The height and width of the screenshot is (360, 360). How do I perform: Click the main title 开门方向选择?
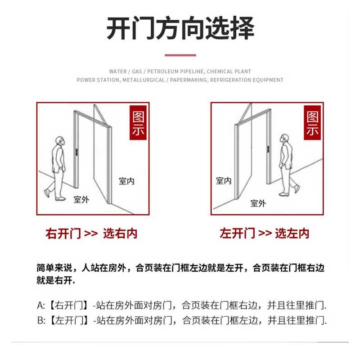tap(180, 28)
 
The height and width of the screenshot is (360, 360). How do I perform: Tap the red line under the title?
tap(180, 55)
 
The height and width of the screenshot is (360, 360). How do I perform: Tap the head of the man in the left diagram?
tap(60, 141)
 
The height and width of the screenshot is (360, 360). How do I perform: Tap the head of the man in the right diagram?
tap(284, 138)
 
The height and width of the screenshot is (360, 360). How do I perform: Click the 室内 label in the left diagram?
tap(126, 181)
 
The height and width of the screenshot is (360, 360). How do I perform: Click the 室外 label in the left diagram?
tap(81, 199)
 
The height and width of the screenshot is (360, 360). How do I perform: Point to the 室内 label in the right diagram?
tap(224, 181)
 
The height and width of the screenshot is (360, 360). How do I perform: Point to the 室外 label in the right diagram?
tap(258, 203)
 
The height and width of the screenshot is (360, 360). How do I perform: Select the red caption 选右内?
tap(120, 234)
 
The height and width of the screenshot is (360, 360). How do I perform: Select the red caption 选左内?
tap(292, 234)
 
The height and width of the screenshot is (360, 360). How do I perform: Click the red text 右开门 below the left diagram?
tap(63, 234)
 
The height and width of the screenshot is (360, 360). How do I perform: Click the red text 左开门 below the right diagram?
tap(237, 234)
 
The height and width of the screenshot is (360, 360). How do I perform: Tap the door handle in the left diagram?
tap(77, 152)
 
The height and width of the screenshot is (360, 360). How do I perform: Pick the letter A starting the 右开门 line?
tap(40, 305)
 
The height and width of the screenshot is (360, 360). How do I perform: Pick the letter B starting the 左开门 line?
tap(40, 320)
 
